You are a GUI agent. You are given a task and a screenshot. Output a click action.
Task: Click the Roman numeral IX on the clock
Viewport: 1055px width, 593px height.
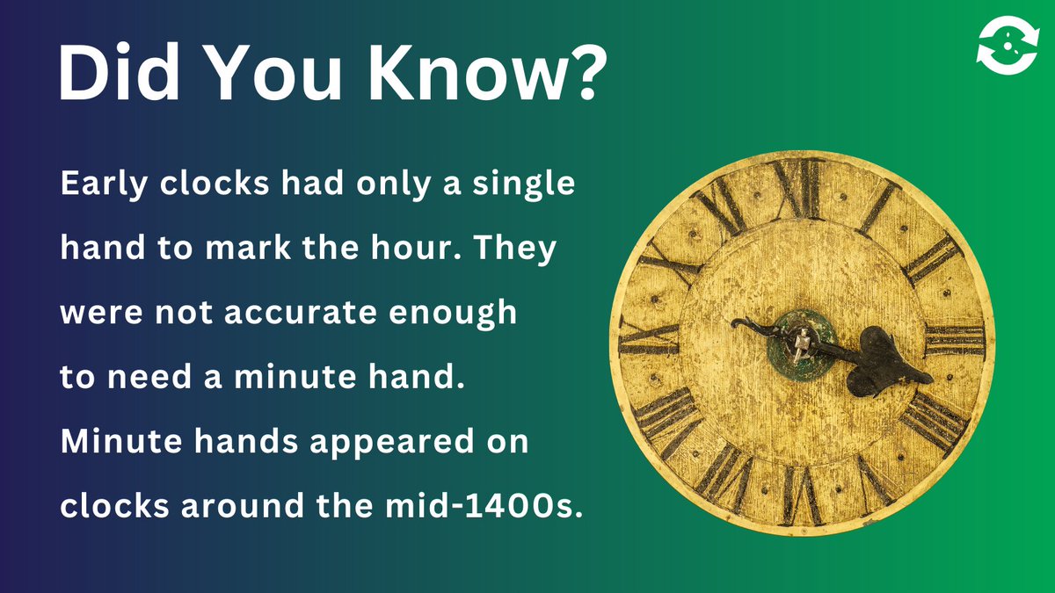650,338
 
